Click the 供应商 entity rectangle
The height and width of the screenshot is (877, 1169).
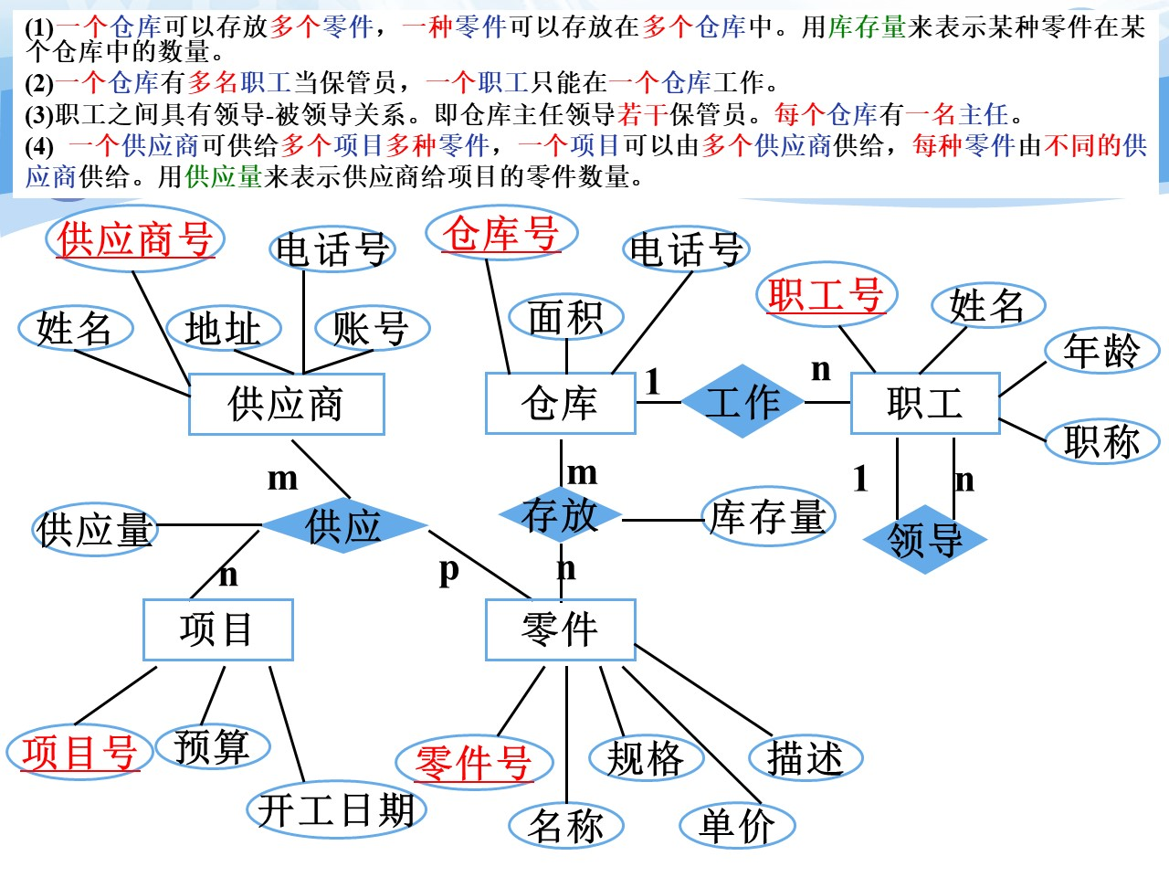pyautogui.click(x=286, y=404)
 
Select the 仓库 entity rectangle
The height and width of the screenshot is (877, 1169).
pyautogui.click(x=560, y=404)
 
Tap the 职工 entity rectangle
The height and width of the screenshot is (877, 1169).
pyautogui.click(x=924, y=403)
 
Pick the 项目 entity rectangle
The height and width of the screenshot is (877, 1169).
pyautogui.click(x=217, y=629)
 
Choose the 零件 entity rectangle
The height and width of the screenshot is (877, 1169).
pyautogui.click(x=560, y=629)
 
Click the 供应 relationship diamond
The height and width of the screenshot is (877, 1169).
pyautogui.click(x=343, y=526)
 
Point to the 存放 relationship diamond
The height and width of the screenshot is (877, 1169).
pyautogui.click(x=560, y=515)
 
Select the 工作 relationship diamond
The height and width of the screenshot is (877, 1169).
pyautogui.click(x=742, y=401)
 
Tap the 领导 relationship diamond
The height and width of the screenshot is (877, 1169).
pyautogui.click(x=924, y=539)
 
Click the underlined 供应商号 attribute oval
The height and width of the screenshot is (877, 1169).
pyautogui.click(x=134, y=240)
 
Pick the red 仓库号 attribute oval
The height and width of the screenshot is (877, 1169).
pyautogui.click(x=501, y=234)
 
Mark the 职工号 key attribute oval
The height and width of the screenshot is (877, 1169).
pyautogui.click(x=827, y=295)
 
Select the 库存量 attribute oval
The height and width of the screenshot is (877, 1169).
pyautogui.click(x=768, y=517)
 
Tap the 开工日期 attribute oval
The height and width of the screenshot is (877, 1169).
pyautogui.click(x=336, y=809)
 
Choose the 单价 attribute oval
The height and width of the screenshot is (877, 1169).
pyautogui.click(x=737, y=826)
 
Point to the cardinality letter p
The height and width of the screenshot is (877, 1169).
pyautogui.click(x=448, y=570)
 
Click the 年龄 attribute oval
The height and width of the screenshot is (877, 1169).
pyautogui.click(x=1101, y=351)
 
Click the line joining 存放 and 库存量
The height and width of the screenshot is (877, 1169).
pyautogui.click(x=662, y=520)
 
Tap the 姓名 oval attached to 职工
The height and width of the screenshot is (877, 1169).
pyautogui.click(x=987, y=305)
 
